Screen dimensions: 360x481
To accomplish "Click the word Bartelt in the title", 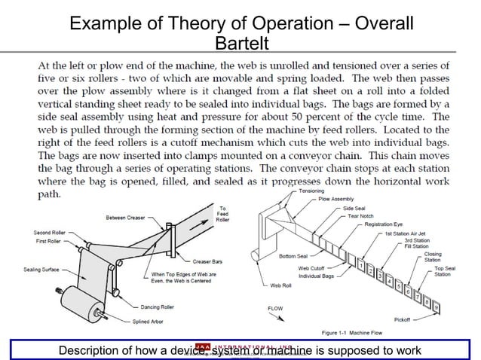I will (240, 41).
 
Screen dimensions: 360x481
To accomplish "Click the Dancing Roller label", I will (156, 307).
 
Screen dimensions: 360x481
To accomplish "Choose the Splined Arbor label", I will (154, 322).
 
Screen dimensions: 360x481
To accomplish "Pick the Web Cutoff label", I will (312, 268).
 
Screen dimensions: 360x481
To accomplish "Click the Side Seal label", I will (354, 207).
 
